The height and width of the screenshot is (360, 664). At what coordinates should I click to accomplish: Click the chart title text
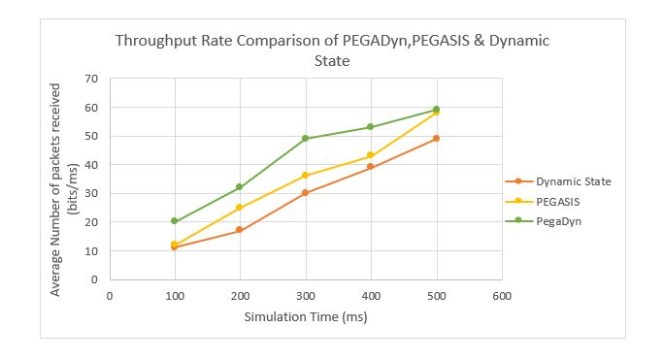332,49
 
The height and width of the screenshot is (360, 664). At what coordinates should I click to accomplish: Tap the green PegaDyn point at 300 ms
305,139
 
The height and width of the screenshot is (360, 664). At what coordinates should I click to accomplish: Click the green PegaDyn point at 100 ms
175,221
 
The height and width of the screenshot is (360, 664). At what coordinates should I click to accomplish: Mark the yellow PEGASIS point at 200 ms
240,208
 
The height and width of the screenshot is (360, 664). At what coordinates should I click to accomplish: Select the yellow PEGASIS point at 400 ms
371,155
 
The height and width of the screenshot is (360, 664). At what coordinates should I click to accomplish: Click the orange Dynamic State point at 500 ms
436,139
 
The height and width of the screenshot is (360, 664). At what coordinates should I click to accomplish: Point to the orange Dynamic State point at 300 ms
305,193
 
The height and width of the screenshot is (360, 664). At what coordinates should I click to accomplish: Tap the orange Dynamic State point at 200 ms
240,230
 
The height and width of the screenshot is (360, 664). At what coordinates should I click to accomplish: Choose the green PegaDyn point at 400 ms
371,127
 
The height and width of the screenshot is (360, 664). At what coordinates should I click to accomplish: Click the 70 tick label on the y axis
94,79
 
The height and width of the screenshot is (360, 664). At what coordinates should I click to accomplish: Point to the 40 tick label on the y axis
94,165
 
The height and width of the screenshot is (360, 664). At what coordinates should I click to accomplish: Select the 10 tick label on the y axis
94,250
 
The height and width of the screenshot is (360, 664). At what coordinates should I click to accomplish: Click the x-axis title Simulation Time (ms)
305,316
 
